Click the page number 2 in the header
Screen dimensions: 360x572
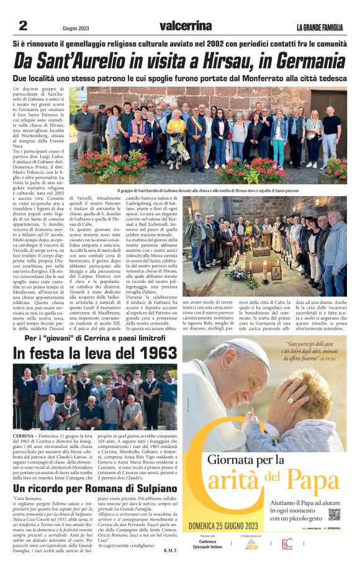23,25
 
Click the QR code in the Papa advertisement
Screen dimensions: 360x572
334,514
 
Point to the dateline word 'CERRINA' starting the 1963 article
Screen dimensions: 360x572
23,437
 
